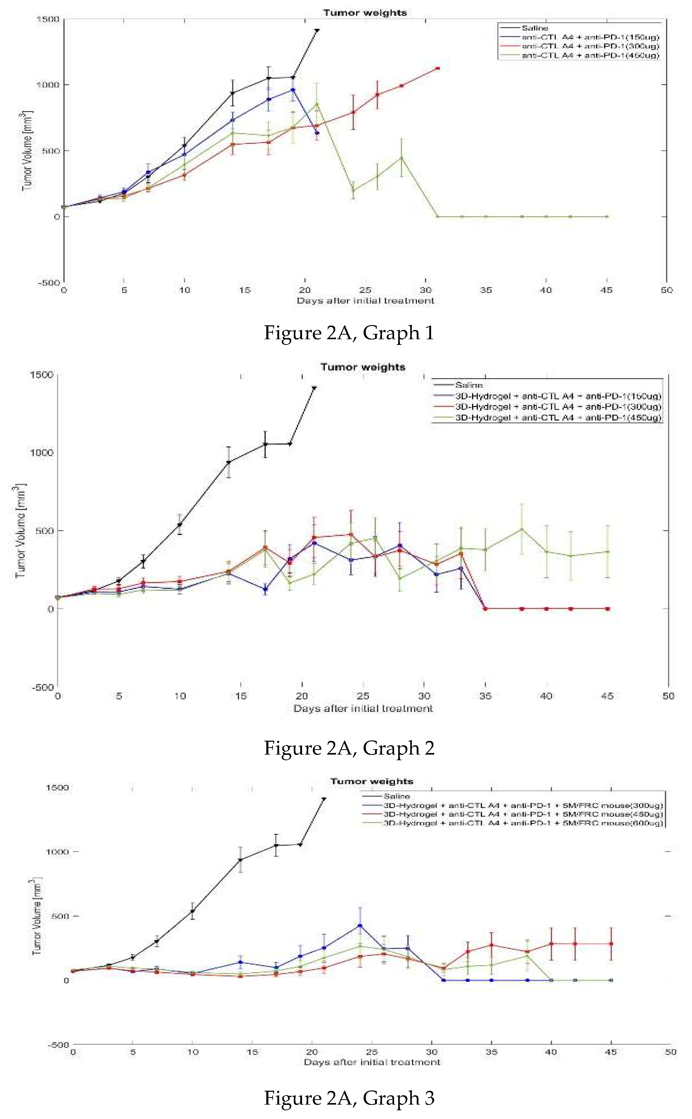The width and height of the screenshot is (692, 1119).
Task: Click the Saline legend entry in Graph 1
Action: (x=535, y=28)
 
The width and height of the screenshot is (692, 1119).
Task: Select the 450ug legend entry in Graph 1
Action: (x=590, y=55)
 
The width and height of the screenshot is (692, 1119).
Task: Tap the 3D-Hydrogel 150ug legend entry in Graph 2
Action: (x=558, y=396)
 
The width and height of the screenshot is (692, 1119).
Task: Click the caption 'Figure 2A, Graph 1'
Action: (x=349, y=333)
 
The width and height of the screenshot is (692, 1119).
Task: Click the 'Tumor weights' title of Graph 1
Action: (x=365, y=13)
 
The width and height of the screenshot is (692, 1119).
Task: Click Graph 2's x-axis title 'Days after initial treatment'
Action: (x=363, y=709)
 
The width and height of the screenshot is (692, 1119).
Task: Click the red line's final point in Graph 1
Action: (x=438, y=68)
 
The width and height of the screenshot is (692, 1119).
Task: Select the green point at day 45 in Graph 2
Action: (x=607, y=552)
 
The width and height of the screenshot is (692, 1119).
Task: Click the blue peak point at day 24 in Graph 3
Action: (x=360, y=926)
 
